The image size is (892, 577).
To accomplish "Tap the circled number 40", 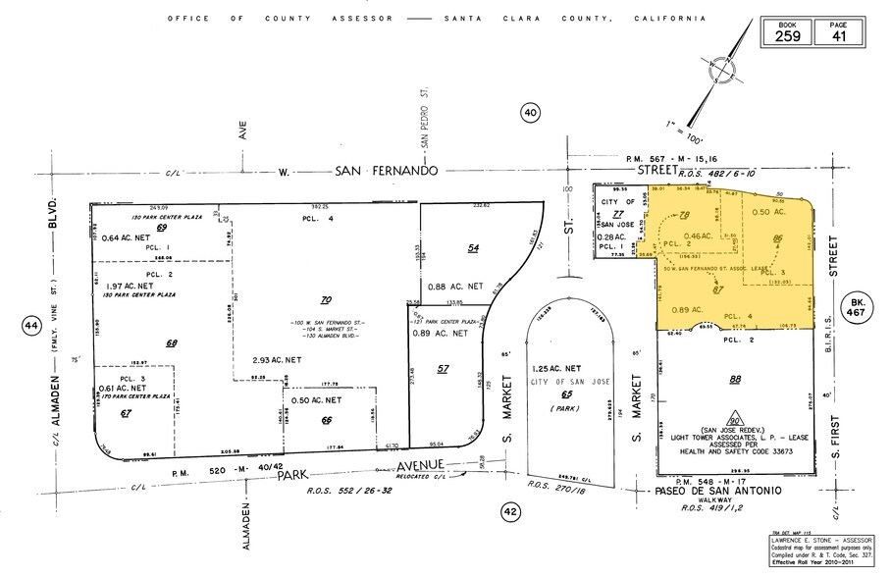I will click(531, 114).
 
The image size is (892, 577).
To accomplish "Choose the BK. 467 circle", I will click(858, 305).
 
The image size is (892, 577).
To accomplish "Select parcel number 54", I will click(473, 249).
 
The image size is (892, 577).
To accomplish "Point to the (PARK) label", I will click(562, 407).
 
